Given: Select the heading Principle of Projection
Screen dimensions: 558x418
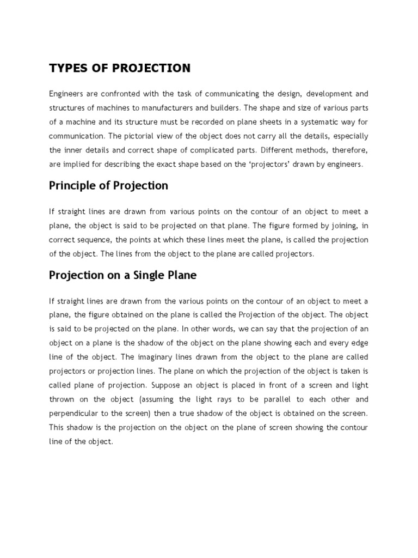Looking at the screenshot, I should click(x=108, y=186).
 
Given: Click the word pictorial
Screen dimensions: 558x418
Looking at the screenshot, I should click(x=132, y=136).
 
